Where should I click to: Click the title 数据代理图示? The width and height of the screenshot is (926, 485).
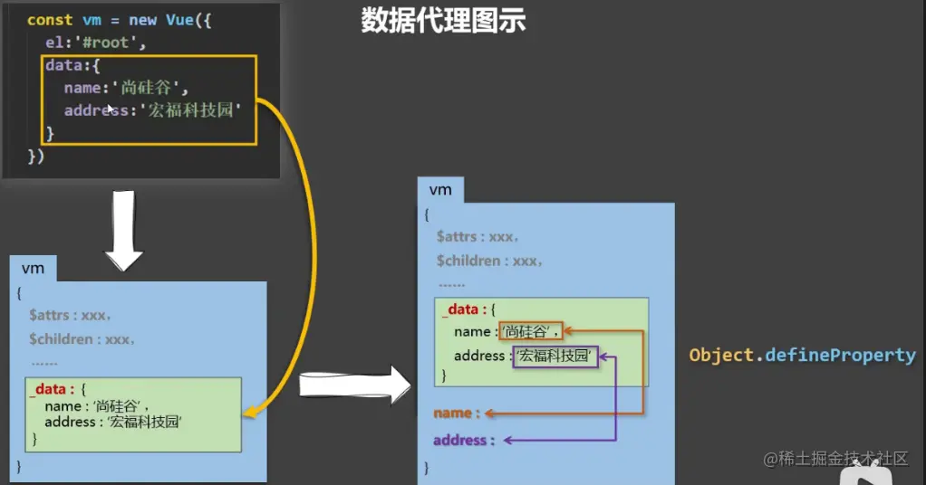pyautogui.click(x=443, y=22)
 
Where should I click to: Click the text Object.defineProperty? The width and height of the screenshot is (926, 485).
pyautogui.click(x=802, y=356)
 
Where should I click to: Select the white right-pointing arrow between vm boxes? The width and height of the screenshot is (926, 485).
pyautogui.click(x=354, y=385)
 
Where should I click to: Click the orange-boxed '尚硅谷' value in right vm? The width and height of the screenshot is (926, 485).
pyautogui.click(x=531, y=332)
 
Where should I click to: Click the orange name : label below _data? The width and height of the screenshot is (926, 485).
pyautogui.click(x=453, y=414)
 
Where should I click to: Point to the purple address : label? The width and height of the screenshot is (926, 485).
pyautogui.click(x=464, y=441)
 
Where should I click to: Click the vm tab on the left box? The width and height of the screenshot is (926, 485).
pyautogui.click(x=33, y=269)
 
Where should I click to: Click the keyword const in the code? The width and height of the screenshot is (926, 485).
pyautogui.click(x=50, y=19)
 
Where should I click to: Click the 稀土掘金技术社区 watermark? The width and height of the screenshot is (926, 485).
pyautogui.click(x=835, y=460)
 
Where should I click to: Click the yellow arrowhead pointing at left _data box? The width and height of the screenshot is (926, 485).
pyautogui.click(x=249, y=414)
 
